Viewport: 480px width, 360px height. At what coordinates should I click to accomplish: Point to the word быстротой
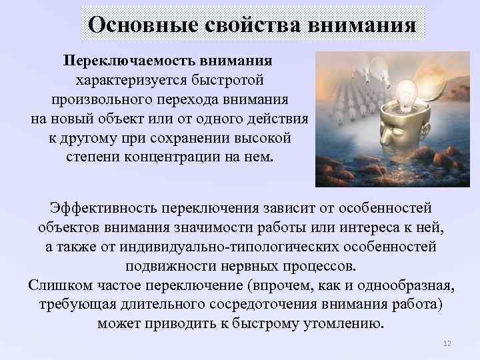point(231,80)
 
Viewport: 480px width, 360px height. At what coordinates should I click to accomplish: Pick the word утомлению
point(342,325)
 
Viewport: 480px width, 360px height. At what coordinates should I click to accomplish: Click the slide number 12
point(447,343)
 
